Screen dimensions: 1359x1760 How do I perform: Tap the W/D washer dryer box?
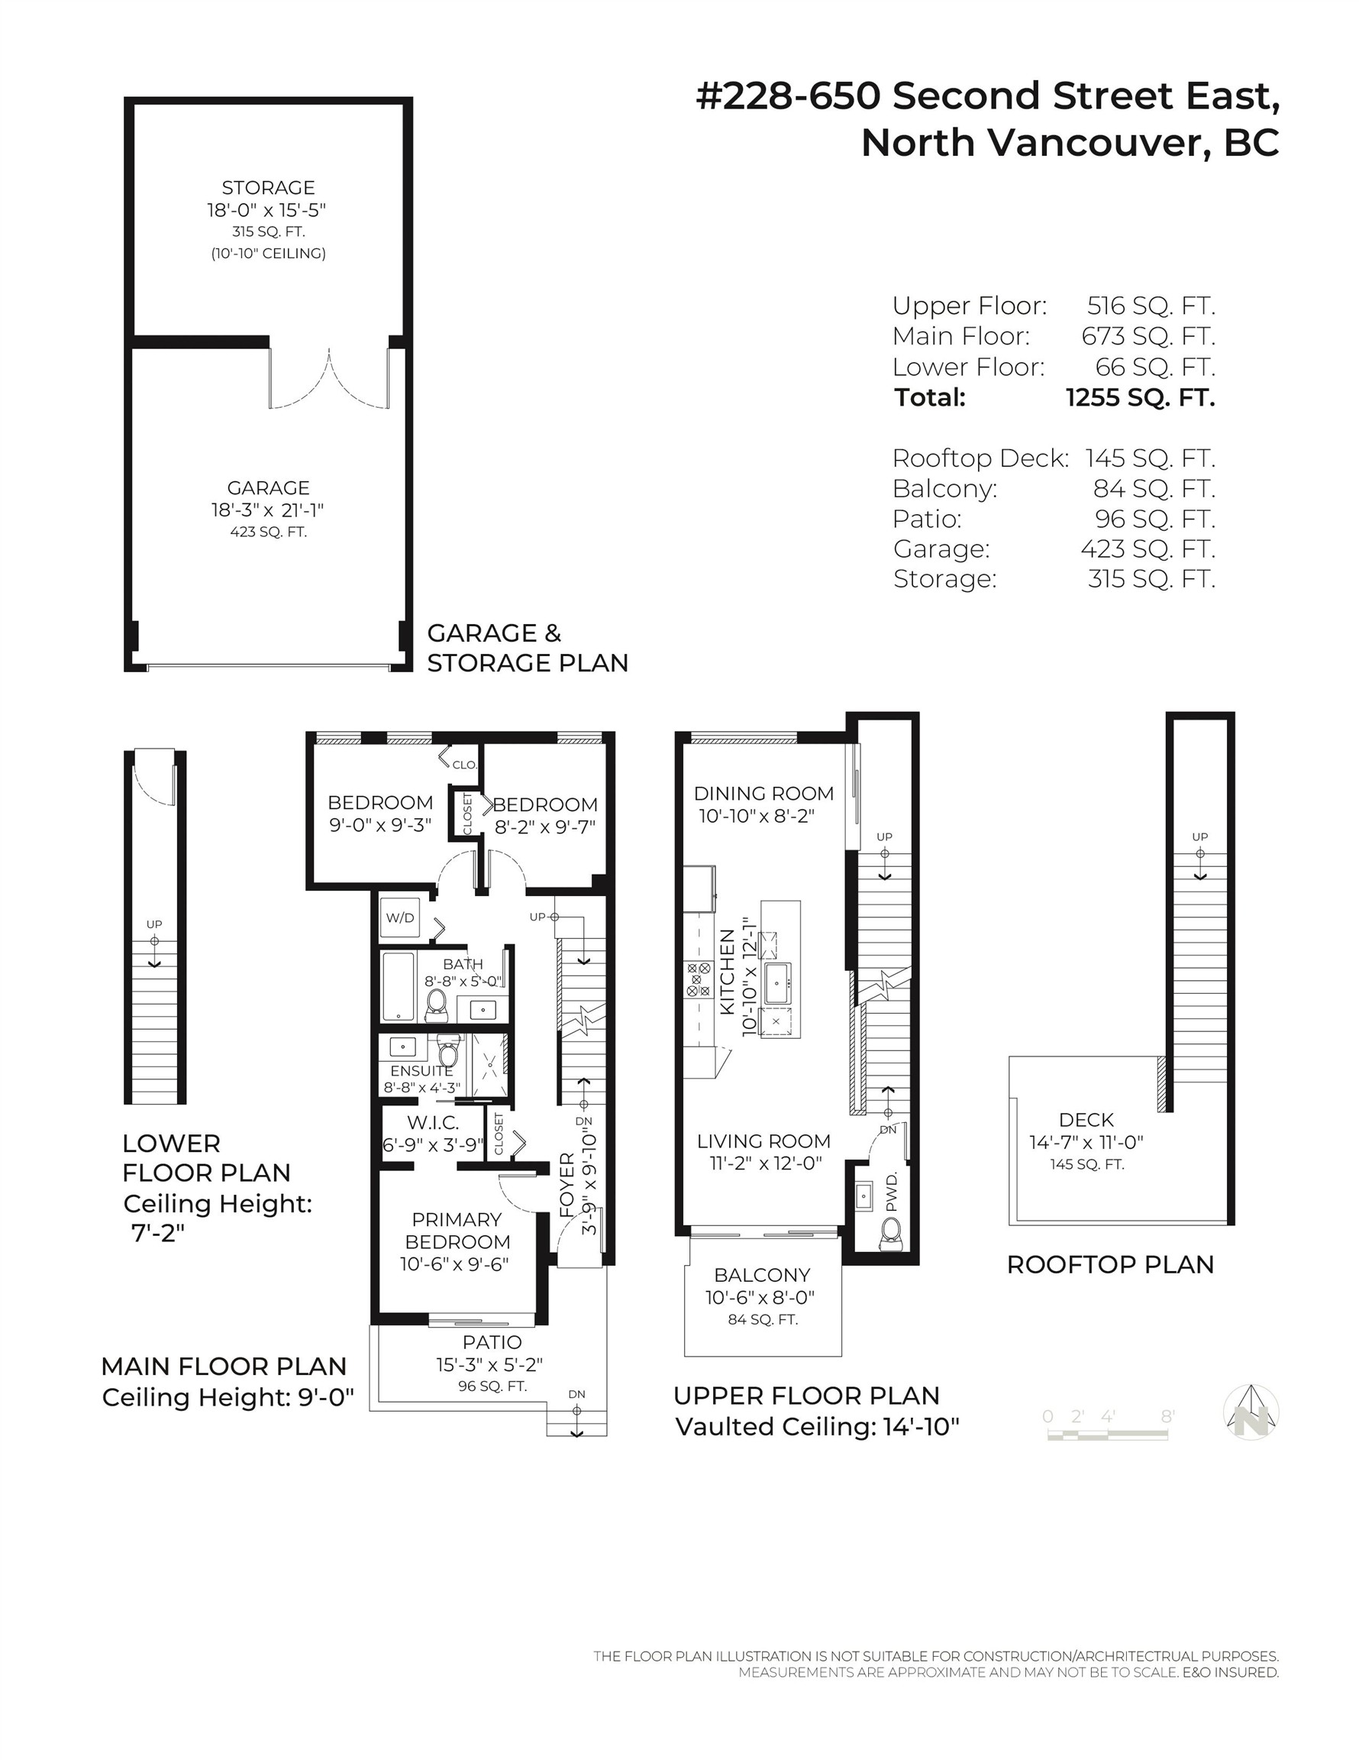pos(399,917)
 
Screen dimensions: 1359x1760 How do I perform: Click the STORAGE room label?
pos(268,188)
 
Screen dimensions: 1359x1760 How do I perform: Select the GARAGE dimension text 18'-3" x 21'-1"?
pos(268,510)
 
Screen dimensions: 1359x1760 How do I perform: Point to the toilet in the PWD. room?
pos(890,1234)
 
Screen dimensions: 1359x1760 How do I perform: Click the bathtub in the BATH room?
pos(397,987)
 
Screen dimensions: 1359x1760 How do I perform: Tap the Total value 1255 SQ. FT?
pos(1140,397)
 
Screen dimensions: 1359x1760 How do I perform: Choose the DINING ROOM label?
pos(763,793)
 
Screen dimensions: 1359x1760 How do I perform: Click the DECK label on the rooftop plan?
pos(1086,1119)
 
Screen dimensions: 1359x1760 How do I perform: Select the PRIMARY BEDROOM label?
pos(457,1231)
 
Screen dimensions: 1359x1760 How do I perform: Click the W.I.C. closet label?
pos(433,1123)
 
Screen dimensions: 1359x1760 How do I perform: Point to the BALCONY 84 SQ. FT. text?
pos(762,1319)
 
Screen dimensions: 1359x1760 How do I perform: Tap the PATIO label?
pos(492,1341)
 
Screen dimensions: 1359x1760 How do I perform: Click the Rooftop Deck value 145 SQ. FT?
pos(1150,458)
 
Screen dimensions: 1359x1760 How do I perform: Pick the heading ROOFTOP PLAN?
pos(1110,1264)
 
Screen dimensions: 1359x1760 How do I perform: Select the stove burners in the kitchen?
pos(698,979)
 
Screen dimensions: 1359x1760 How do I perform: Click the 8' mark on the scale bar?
pos(1167,1416)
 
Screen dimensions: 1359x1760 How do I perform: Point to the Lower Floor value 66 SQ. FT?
pos(1154,367)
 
